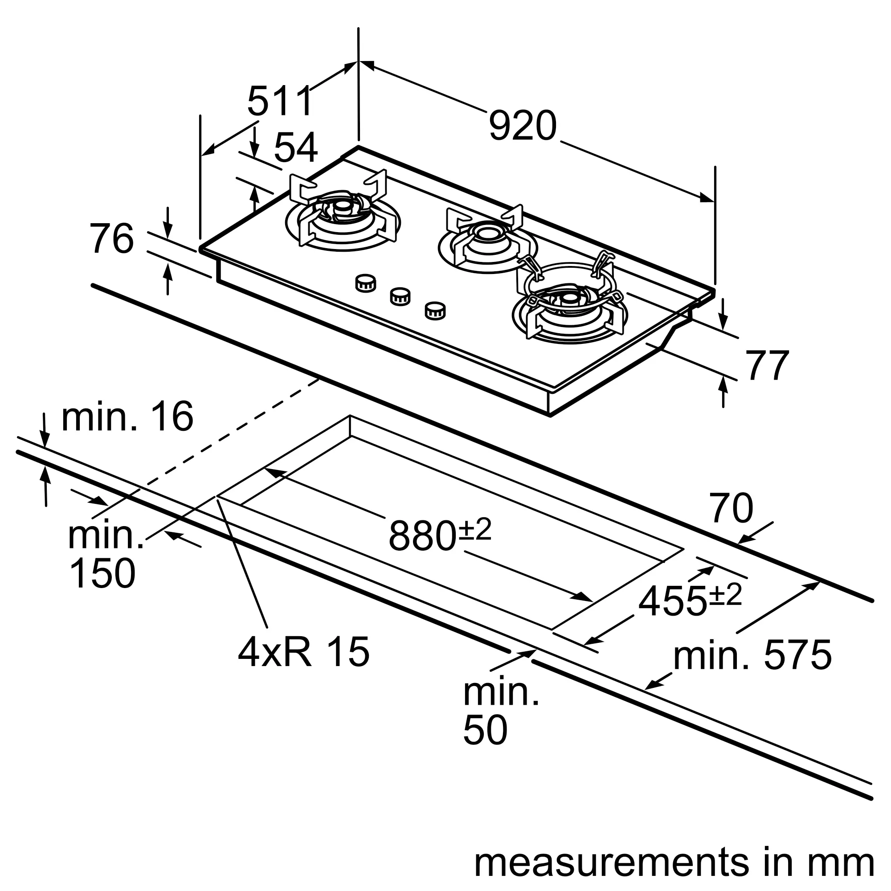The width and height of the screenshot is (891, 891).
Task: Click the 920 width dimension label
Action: (523, 126)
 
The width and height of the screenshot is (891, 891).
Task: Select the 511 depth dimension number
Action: (280, 101)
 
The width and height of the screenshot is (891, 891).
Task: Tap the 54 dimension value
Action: (296, 147)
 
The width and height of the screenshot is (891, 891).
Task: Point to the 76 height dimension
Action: (111, 238)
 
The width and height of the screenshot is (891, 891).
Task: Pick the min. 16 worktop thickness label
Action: (127, 417)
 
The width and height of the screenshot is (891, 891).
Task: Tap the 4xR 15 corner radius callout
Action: (304, 652)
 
